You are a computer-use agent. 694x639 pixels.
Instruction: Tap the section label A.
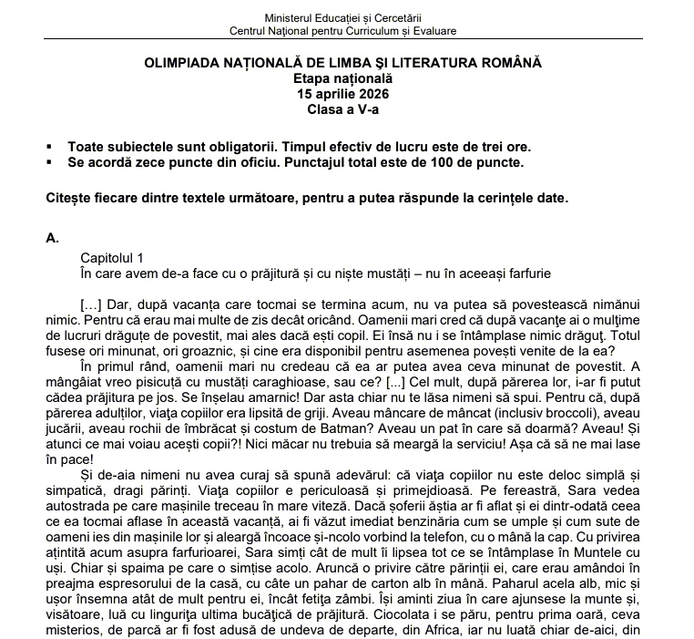coord(51,239)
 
